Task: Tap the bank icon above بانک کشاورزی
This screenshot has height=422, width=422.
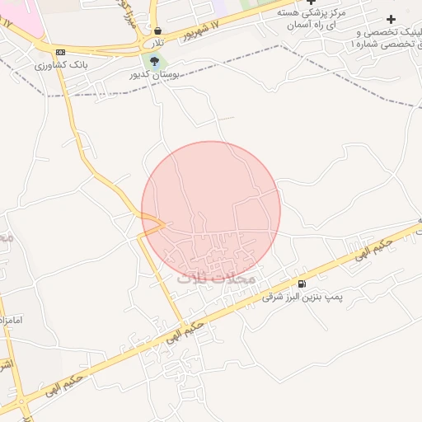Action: point(60,52)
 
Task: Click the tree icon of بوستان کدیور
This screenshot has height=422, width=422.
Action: point(153,60)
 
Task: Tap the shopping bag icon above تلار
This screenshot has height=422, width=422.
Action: point(157,30)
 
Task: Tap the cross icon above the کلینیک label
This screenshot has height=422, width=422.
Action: point(391,19)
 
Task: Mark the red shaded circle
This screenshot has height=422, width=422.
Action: point(211,198)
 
